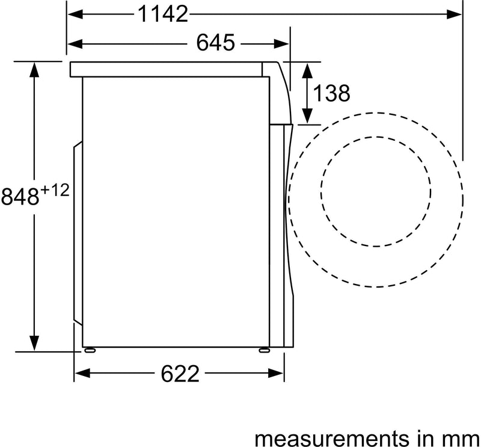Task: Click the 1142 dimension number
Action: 163,14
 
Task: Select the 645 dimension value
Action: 215,43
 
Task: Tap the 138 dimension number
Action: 331,93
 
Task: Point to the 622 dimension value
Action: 180,374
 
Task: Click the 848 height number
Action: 20,197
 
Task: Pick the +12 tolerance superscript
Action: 55,191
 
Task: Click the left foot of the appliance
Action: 89,350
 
